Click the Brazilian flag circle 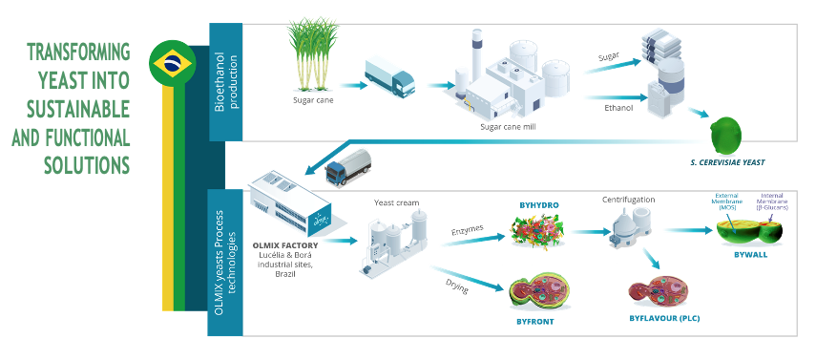point(173,64)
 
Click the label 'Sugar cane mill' point(509,125)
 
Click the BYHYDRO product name point(540,204)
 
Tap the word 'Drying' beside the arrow point(456,283)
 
